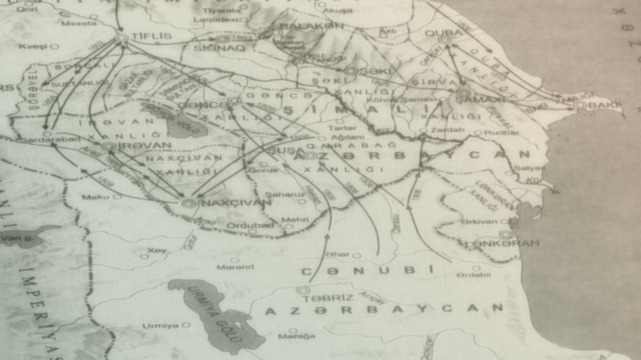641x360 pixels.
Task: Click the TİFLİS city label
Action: click(x=151, y=36)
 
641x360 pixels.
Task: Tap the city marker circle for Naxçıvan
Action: click(x=188, y=203)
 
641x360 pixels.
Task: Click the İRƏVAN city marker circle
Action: click(x=109, y=146)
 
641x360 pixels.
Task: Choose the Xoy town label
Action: click(x=156, y=250)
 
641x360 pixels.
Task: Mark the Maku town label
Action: click(x=96, y=197)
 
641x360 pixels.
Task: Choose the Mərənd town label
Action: click(x=235, y=266)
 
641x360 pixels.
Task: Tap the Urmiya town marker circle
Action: click(x=186, y=325)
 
